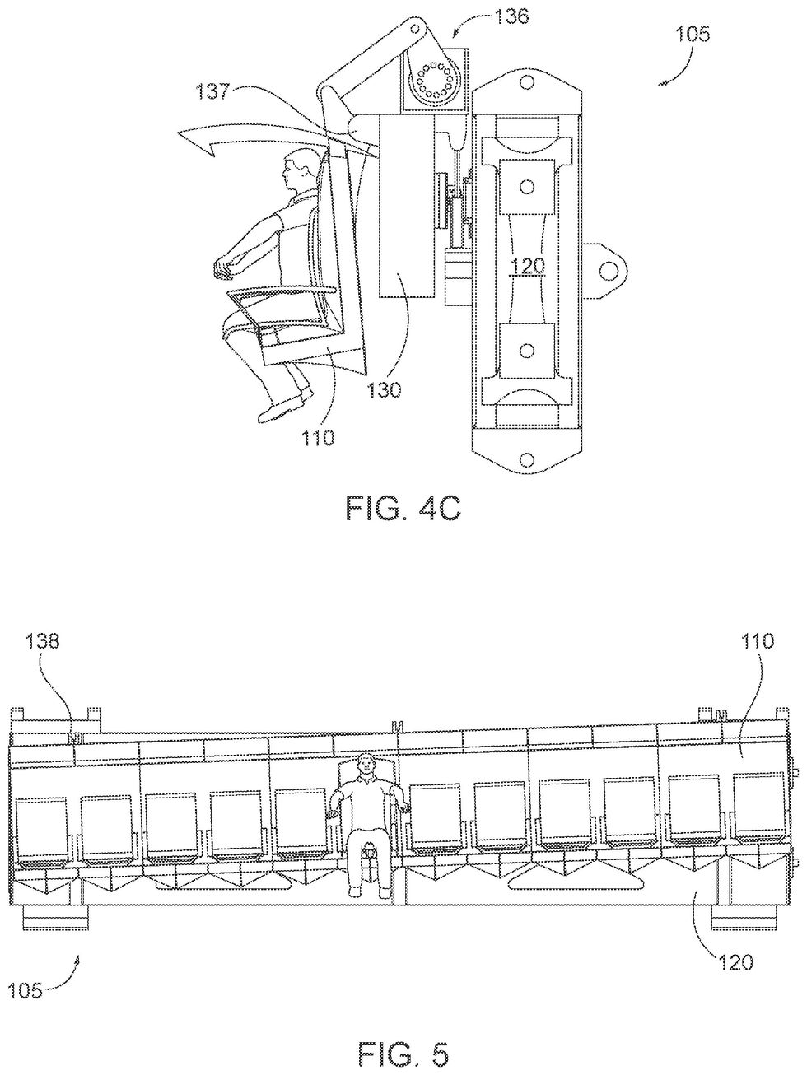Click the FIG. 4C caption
tap(403, 508)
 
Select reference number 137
tap(213, 91)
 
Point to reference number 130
tap(385, 389)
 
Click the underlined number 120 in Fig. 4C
tap(527, 266)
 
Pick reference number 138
tap(44, 640)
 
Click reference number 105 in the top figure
tap(693, 35)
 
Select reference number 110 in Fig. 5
tap(758, 640)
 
